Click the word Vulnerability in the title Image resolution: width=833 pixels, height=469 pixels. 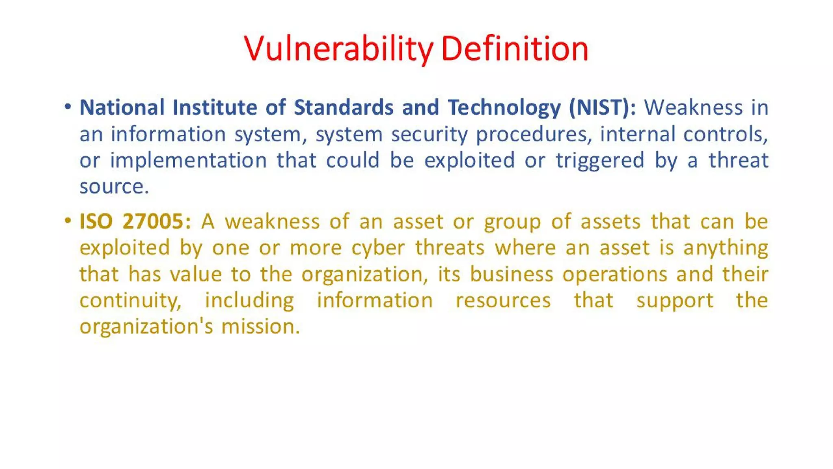(338, 49)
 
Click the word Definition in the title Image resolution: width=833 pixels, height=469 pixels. (515, 49)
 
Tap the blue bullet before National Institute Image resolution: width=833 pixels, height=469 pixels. (68, 107)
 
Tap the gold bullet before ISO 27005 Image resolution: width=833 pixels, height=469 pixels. (68, 221)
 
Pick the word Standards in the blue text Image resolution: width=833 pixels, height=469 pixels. (344, 107)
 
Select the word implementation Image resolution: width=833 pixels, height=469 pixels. (188, 161)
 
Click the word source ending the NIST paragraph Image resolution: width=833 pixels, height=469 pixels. (113, 187)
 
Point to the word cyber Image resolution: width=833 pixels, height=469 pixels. (378, 248)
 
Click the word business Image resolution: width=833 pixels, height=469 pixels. (511, 274)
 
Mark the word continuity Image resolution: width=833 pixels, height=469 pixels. (130, 301)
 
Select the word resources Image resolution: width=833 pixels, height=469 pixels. (503, 301)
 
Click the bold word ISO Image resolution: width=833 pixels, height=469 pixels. (96, 221)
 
